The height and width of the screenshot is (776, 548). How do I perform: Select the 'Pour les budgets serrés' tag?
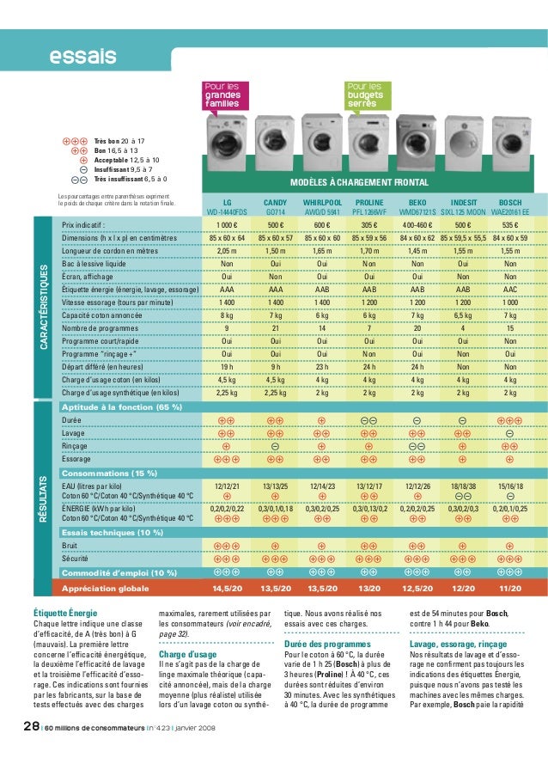click(365, 95)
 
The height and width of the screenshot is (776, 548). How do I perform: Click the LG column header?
click(227, 201)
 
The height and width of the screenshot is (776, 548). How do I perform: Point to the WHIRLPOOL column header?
click(321, 201)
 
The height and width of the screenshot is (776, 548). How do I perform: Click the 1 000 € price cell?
click(227, 225)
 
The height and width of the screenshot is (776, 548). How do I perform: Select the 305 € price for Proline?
click(369, 225)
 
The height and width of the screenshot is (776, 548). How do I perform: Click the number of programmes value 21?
click(275, 327)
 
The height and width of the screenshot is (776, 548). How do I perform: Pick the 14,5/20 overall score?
click(227, 588)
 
